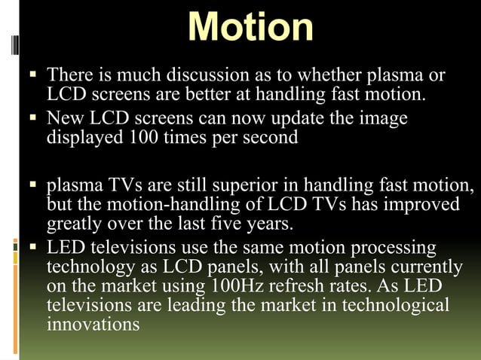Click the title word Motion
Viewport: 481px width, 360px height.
(x=250, y=28)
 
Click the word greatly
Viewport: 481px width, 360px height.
(x=76, y=224)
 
